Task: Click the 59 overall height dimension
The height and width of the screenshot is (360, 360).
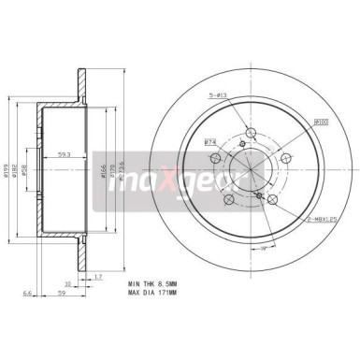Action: [x=63, y=294]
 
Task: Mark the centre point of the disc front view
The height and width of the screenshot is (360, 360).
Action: [x=252, y=174]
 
